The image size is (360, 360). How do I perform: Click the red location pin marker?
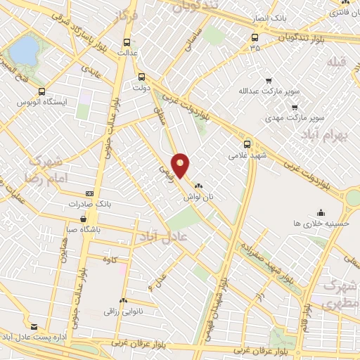181,165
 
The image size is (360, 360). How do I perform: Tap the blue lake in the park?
25,50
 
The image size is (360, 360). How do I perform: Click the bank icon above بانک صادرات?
89,193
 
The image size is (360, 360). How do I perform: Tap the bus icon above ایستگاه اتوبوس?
42,91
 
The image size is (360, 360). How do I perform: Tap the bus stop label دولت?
142,88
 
